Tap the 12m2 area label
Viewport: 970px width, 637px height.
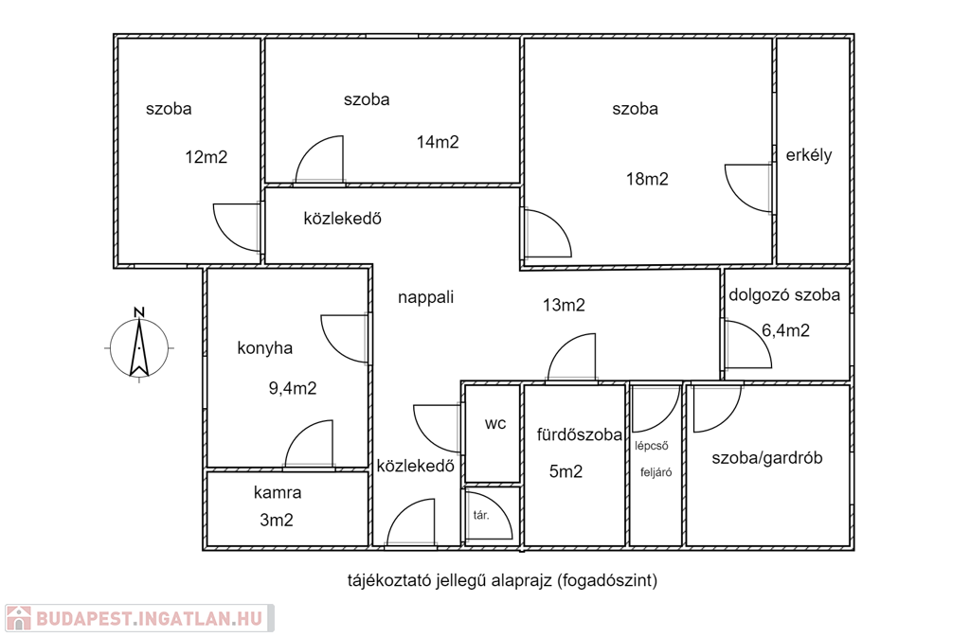pyautogui.click(x=206, y=157)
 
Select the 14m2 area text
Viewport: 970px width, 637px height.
pyautogui.click(x=438, y=142)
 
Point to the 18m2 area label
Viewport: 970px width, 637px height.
pyautogui.click(x=647, y=179)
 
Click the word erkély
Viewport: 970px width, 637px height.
pyautogui.click(x=809, y=155)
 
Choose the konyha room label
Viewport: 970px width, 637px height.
pyautogui.click(x=265, y=348)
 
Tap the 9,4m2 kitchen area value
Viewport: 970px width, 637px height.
pyautogui.click(x=293, y=389)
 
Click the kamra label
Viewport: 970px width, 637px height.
pyautogui.click(x=278, y=493)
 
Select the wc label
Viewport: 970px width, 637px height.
pyautogui.click(x=494, y=424)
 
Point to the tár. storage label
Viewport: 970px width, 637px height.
pyautogui.click(x=480, y=515)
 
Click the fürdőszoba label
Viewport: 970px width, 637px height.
pyautogui.click(x=579, y=435)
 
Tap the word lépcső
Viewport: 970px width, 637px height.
pyautogui.click(x=652, y=446)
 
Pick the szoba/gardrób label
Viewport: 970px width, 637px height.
pyautogui.click(x=767, y=458)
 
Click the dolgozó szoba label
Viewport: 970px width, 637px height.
pyautogui.click(x=784, y=294)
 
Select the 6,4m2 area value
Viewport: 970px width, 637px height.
pyautogui.click(x=785, y=330)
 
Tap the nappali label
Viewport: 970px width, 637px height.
pyautogui.click(x=425, y=297)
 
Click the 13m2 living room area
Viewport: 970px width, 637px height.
pyautogui.click(x=564, y=305)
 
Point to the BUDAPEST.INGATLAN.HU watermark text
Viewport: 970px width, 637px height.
pyautogui.click(x=150, y=618)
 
